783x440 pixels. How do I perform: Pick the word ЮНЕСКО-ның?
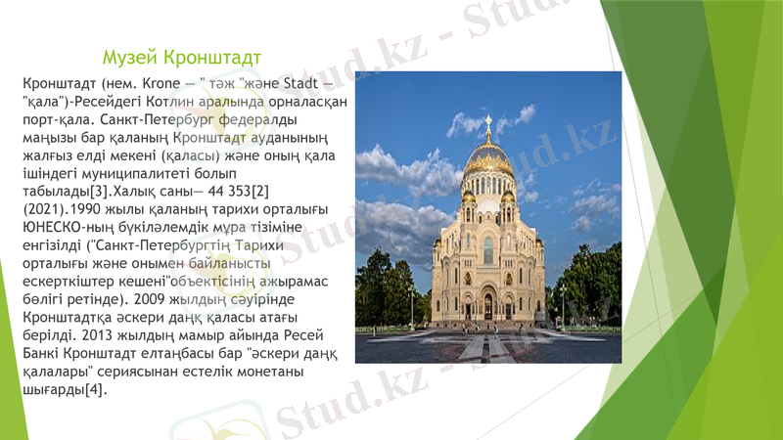63,229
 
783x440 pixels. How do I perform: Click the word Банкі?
40,356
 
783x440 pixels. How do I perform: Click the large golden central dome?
488,155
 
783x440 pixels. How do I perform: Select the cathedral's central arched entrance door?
488,307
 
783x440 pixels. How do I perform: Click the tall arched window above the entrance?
488,250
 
